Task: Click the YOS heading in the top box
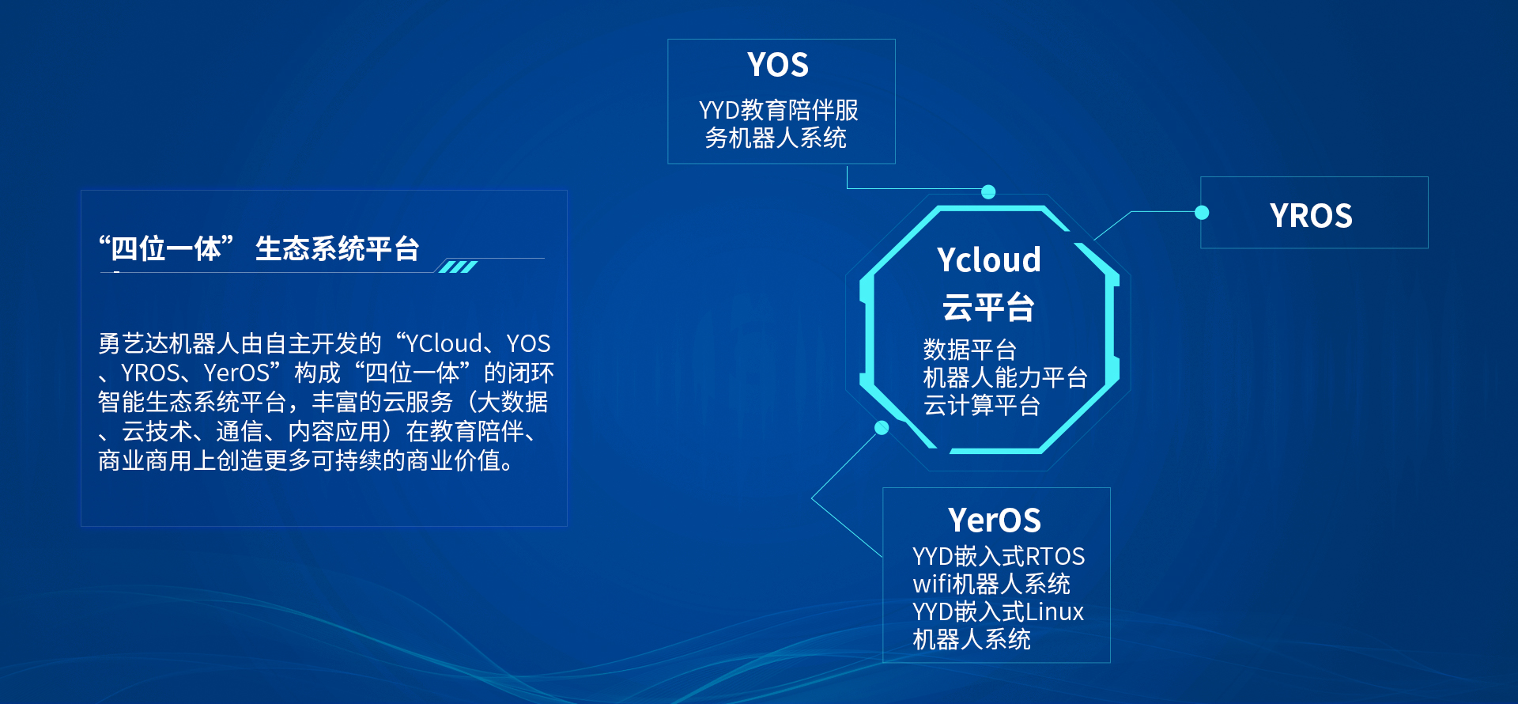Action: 778,65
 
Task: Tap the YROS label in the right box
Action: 1311,216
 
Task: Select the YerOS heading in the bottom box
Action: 995,520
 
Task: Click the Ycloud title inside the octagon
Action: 989,260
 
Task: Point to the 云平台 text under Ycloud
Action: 988,307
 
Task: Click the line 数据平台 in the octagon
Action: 969,350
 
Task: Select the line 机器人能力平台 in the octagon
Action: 1005,377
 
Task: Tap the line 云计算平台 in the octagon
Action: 981,405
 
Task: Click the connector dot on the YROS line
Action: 1202,212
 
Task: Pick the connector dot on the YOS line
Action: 988,191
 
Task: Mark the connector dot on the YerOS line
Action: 882,428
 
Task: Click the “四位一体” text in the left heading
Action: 166,248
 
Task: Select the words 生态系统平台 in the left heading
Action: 337,248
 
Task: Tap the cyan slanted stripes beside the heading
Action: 459,267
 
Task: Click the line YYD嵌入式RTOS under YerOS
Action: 999,556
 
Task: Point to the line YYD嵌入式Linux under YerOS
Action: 998,611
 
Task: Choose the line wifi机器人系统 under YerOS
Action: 991,584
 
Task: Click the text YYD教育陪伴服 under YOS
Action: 779,110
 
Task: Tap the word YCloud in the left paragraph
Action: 444,343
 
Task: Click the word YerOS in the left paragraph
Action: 236,373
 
